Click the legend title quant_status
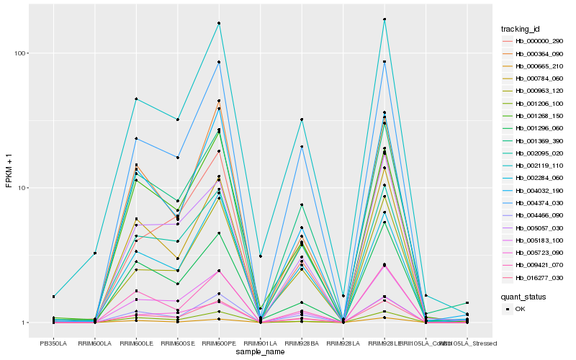[523, 297]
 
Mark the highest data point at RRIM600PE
[219, 23]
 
